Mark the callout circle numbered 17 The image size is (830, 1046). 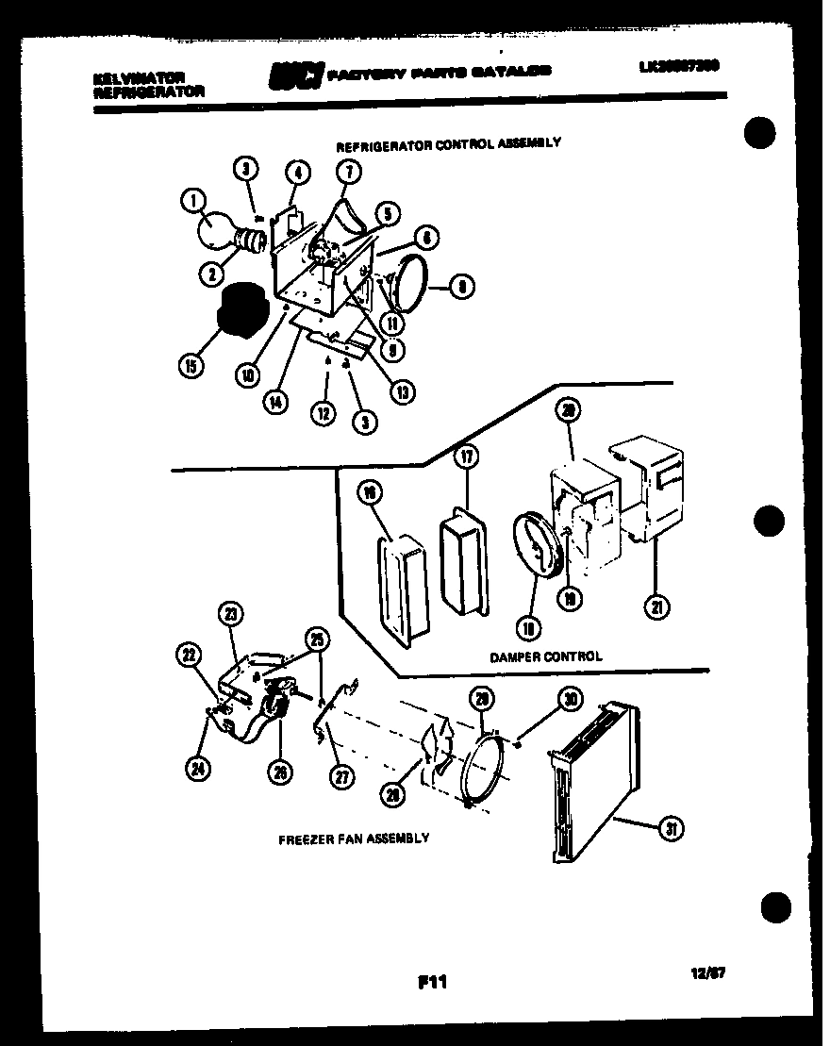click(x=466, y=457)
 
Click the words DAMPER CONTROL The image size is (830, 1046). click(x=545, y=656)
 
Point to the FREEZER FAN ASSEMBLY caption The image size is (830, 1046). click(x=354, y=838)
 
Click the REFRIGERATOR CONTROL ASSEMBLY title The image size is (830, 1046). click(x=449, y=143)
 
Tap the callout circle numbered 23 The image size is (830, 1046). click(x=229, y=614)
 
